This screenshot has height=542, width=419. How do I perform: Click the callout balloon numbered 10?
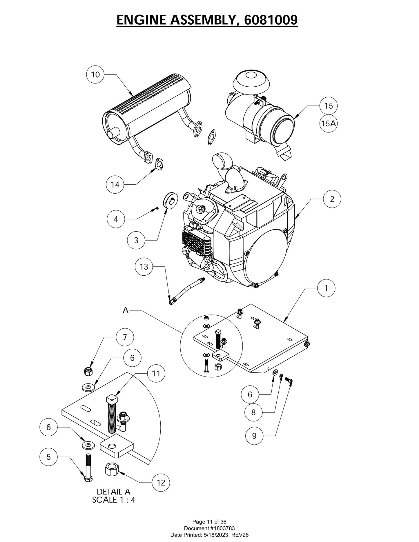click(95, 74)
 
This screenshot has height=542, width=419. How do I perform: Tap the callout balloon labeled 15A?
click(329, 123)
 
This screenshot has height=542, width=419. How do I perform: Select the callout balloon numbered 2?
click(332, 199)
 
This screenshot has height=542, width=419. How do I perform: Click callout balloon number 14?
click(115, 184)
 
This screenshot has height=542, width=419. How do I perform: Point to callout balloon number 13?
click(144, 267)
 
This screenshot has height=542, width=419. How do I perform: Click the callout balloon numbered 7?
click(125, 337)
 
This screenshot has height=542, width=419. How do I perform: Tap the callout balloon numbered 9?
click(254, 436)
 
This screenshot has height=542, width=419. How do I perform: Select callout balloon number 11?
click(156, 373)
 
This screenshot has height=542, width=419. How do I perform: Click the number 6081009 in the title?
click(271, 20)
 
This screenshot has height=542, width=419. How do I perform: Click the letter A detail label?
click(125, 310)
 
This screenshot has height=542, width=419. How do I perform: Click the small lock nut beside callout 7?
click(88, 371)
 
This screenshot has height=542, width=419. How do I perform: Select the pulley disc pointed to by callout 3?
click(171, 200)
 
